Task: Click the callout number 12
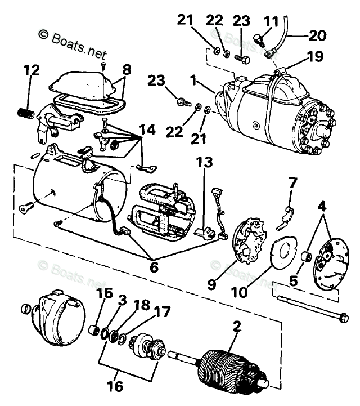coord(31,72)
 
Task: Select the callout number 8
coord(127,71)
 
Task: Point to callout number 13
coord(205,163)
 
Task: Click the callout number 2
coord(237,325)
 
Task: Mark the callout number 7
coord(292,184)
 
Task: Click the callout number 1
coord(193,81)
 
